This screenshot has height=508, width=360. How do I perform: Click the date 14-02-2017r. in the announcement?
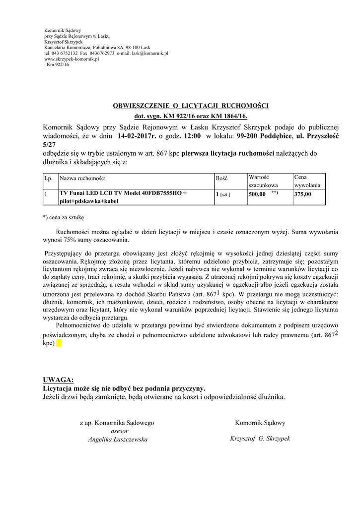point(137,136)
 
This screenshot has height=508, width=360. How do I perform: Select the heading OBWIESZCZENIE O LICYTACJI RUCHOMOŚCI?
point(191,106)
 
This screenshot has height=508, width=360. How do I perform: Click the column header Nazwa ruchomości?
point(82,178)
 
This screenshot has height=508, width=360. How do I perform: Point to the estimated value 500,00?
point(257,194)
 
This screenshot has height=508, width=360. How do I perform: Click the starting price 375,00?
point(303,194)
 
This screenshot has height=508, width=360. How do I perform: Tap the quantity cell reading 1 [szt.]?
point(223,194)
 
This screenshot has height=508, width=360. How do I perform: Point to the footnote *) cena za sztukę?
point(64,217)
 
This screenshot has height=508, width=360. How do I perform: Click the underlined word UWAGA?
point(58,380)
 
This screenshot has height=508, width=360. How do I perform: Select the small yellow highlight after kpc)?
point(59,343)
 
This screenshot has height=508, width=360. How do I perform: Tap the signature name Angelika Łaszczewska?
point(117,439)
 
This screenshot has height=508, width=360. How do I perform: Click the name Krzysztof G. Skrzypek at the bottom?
point(260,439)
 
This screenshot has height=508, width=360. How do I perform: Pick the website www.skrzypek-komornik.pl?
point(72,59)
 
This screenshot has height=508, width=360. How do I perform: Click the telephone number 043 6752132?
point(65,53)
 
